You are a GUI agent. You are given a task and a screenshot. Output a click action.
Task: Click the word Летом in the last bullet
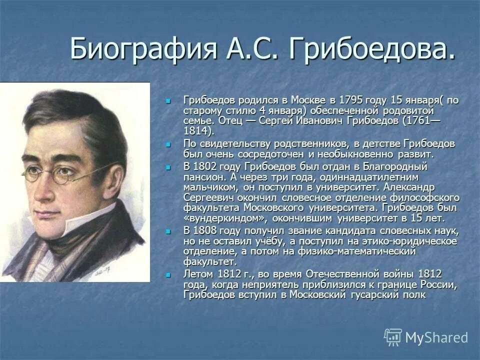[x=199, y=274]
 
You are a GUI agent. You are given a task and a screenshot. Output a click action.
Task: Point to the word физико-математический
[x=369, y=251]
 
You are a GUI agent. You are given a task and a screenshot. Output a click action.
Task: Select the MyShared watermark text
[x=436, y=338]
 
